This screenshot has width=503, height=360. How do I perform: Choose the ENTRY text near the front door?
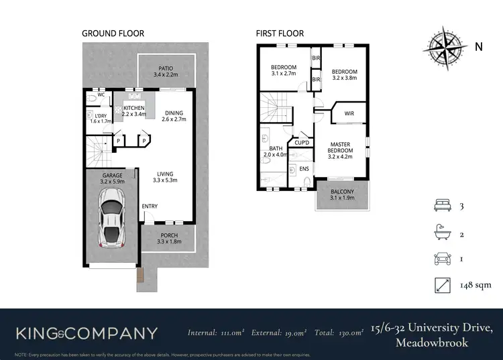click(x=150, y=206)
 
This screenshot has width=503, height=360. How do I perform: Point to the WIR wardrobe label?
click(x=349, y=113)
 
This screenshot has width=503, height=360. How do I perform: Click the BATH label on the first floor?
click(x=276, y=151)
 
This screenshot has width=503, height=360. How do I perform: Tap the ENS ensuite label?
click(x=303, y=169)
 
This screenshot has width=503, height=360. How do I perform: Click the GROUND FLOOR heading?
click(x=113, y=33)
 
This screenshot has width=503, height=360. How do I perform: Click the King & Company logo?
click(x=87, y=333)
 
